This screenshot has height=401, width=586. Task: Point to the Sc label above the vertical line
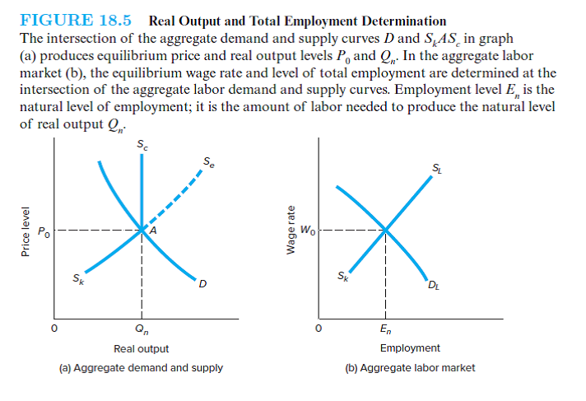click(143, 146)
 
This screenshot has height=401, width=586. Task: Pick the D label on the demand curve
click(202, 285)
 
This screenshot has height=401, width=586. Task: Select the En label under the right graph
click(384, 332)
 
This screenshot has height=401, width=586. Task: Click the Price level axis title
click(26, 232)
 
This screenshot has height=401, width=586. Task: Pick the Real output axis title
click(141, 349)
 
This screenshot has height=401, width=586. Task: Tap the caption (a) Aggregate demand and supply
click(141, 367)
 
